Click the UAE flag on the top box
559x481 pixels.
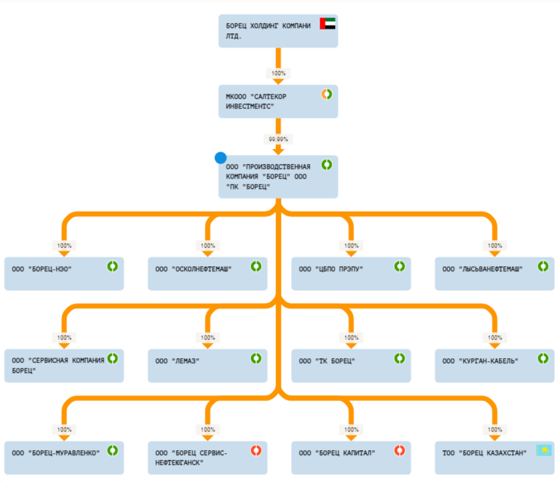(328, 24)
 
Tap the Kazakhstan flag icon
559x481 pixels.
(543, 451)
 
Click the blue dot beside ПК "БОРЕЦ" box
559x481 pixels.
(220, 158)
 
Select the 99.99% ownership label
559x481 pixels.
(278, 139)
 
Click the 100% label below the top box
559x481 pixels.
(278, 73)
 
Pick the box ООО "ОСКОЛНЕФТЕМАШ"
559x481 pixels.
(207, 273)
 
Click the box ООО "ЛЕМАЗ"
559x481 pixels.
(207, 365)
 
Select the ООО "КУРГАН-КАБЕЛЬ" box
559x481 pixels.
(494, 365)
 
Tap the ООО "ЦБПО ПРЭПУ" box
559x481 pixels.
(351, 273)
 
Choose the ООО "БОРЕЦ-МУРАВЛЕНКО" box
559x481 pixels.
(64, 457)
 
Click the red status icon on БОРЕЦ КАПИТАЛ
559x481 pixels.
(399, 450)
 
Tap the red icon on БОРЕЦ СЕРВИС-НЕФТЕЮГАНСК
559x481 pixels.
(256, 450)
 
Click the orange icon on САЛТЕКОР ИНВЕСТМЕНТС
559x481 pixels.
(326, 94)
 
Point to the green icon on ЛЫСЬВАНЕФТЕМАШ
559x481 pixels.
(543, 266)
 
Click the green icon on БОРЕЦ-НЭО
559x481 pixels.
(113, 266)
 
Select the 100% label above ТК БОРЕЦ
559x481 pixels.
(351, 338)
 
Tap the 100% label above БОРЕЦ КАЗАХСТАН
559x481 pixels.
(495, 430)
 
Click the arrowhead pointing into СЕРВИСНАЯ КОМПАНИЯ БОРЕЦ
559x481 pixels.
(64, 345)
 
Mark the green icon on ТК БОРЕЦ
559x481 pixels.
(399, 358)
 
